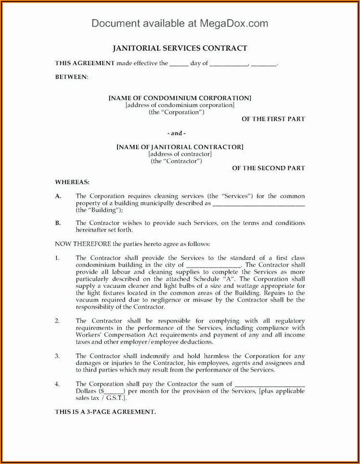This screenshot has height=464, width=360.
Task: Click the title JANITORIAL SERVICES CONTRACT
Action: [180, 48]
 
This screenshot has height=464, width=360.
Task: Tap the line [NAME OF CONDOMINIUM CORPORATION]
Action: [180, 98]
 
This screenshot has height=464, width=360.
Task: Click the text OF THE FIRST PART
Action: [273, 119]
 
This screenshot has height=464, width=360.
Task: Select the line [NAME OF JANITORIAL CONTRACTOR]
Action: [180, 147]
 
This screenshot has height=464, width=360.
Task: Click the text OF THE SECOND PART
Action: [268, 168]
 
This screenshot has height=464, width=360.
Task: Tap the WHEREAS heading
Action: [72, 182]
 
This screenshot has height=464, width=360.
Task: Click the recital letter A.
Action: [58, 196]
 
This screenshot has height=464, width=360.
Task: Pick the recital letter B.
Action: [58, 223]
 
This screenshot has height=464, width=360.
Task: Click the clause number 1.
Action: [57, 258]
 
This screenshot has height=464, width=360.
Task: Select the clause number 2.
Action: [57, 321]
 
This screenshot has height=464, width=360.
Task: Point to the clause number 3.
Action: [57, 356]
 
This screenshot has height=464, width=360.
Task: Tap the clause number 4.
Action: [57, 384]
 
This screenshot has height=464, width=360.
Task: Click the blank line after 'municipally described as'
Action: [258, 204]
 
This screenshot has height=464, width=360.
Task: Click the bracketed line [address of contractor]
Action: [180, 154]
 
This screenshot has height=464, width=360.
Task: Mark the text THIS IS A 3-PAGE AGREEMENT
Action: [105, 412]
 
